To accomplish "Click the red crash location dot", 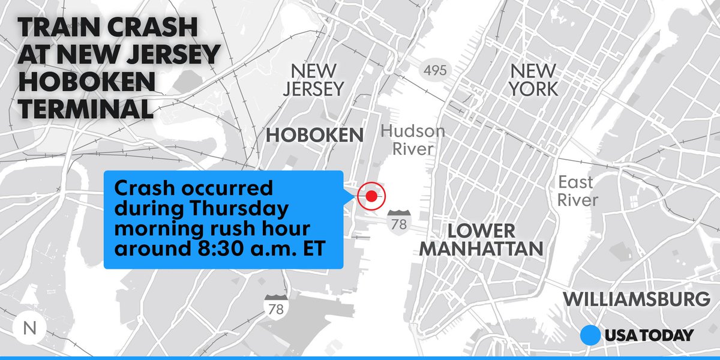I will coord(371,196).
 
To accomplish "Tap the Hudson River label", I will coord(413,140).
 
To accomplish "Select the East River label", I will coord(576,191).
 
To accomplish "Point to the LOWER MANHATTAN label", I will coord(481,239).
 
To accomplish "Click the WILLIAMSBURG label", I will coord(637,298).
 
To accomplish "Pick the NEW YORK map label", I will coord(533,80).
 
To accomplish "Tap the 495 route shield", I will coord(434,70).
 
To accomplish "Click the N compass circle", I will coord(28,328).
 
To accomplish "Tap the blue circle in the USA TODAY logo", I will coord(591,335).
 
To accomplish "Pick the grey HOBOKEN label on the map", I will coord(314,136).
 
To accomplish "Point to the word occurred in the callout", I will coord(229,188).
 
